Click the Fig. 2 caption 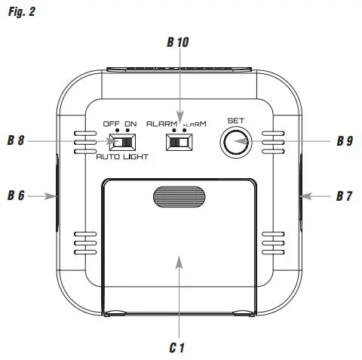20,12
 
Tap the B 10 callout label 179,43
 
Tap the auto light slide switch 120,140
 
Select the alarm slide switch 179,140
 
